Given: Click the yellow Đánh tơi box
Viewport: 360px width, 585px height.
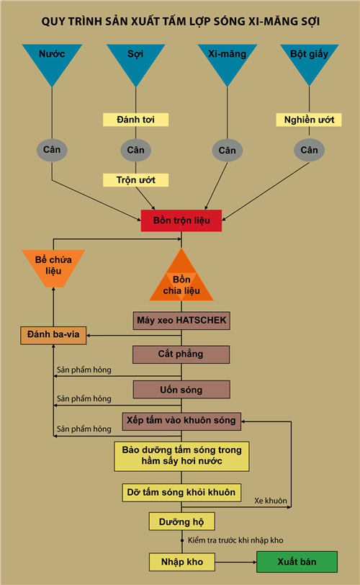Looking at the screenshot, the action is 135,120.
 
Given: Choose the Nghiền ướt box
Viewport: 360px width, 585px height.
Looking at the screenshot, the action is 309,120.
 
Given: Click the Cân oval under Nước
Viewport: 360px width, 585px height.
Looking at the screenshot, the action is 52,150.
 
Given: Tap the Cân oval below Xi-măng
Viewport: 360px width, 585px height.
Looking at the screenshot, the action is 228,151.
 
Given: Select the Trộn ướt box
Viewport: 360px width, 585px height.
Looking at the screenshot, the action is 135,180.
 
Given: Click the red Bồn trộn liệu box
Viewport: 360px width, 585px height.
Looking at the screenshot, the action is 181,220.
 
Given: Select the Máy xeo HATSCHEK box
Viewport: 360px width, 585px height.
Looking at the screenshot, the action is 181,321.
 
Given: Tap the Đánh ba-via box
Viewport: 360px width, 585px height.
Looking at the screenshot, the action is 53,335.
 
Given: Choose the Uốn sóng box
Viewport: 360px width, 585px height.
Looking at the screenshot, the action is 181,390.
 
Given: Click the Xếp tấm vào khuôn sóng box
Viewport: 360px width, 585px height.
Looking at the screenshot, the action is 181,421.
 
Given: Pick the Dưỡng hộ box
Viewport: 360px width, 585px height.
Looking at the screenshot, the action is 182,521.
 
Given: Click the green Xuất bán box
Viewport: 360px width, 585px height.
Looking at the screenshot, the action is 297,562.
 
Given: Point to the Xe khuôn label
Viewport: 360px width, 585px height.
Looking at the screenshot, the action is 271,501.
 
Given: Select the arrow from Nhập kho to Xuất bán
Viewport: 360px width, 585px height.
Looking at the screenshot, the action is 236,562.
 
